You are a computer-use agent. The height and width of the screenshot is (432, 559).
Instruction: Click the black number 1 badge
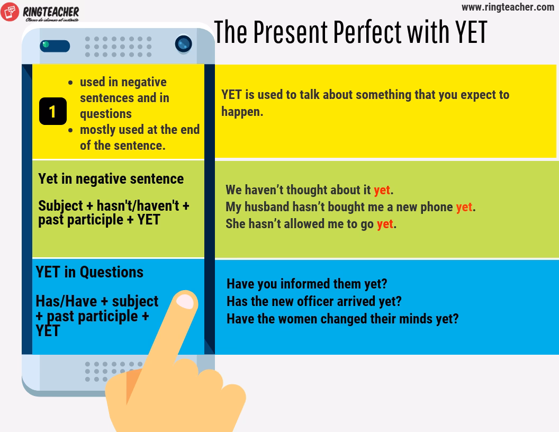coord(53,111)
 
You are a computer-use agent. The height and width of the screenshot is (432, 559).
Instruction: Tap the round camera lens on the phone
coord(184,44)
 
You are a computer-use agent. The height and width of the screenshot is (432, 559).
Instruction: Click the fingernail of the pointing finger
coord(185,302)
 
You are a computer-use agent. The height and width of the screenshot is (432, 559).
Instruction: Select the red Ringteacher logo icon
coord(10,12)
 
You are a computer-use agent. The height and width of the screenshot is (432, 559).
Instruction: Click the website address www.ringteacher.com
coord(508,7)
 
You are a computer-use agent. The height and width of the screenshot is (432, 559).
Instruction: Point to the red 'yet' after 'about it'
coord(382,191)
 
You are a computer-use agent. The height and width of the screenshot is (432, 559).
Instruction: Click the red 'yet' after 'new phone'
coord(464,207)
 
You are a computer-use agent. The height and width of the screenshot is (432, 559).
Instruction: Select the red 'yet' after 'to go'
coord(385,224)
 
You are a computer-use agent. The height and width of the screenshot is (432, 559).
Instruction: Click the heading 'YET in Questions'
coord(89,272)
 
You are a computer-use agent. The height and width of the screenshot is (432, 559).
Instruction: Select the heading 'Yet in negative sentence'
coord(111,179)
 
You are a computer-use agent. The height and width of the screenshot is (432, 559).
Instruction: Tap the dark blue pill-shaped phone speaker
coord(55,46)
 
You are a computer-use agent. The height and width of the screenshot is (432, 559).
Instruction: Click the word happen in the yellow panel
coord(242,112)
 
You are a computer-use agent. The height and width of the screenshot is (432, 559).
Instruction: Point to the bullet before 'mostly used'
coord(70,130)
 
